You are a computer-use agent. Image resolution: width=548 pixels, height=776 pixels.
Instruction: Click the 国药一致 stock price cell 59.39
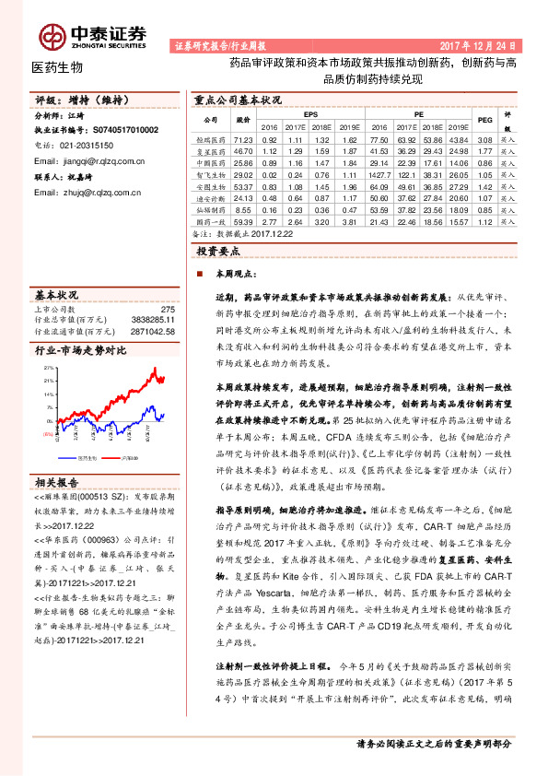pos(244,222)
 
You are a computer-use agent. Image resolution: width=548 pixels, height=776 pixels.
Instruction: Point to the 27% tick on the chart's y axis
pos(46,366)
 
